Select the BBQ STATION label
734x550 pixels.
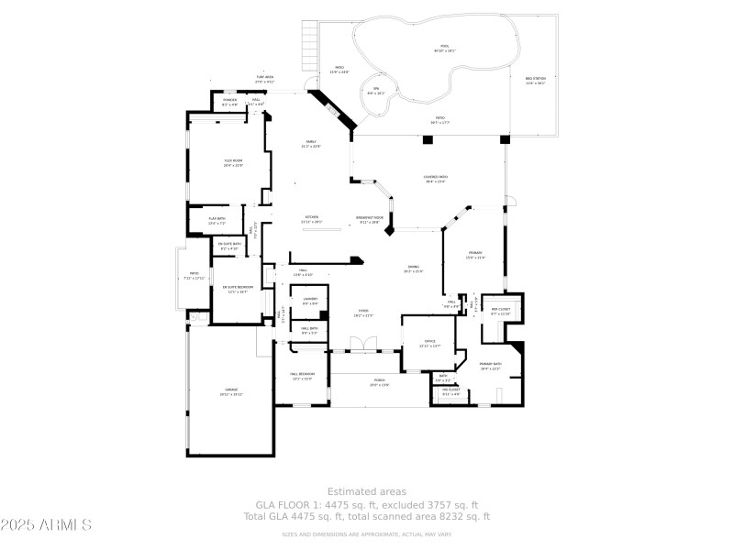[x=535, y=82]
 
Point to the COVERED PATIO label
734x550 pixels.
[x=435, y=180]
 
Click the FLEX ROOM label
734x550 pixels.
[x=232, y=162]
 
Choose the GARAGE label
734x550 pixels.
[x=231, y=391]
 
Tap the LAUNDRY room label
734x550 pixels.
[x=310, y=301]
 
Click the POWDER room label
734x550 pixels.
[x=230, y=102]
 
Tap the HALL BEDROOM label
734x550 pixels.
[x=302, y=376]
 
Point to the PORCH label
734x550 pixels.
[x=379, y=382]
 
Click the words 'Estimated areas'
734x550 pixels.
[x=367, y=492]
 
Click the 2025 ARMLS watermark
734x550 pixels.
[x=46, y=525]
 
